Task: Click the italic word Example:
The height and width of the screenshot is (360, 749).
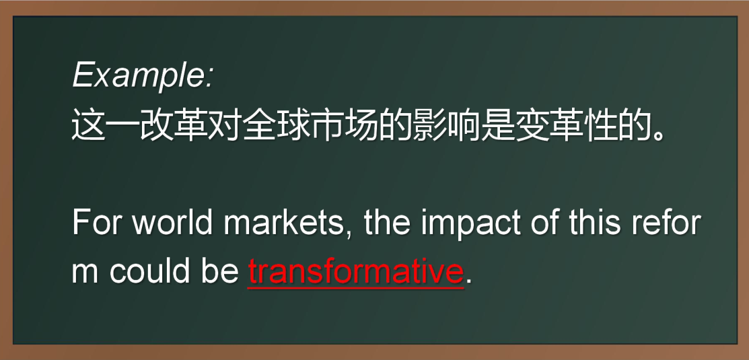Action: [x=143, y=75]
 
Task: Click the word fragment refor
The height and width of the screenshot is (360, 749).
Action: [x=666, y=223]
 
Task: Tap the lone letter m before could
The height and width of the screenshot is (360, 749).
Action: [x=85, y=271]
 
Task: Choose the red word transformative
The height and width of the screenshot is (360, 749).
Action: [x=355, y=271]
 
